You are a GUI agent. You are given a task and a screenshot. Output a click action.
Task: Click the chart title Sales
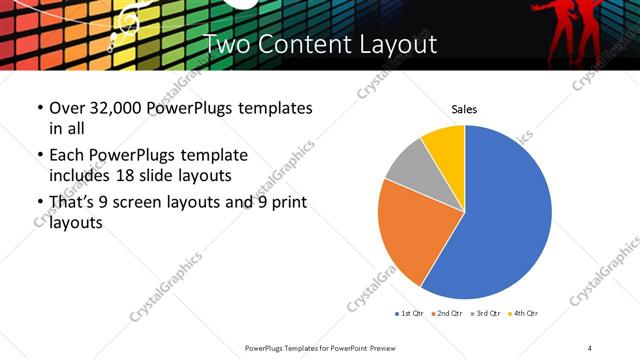click(464, 109)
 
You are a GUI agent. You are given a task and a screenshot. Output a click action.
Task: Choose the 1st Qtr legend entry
click(409, 314)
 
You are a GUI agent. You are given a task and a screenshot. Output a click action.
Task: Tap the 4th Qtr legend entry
click(526, 314)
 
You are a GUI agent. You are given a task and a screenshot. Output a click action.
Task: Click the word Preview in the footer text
click(381, 347)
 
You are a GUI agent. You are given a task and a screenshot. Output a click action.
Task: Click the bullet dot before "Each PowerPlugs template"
click(39, 157)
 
